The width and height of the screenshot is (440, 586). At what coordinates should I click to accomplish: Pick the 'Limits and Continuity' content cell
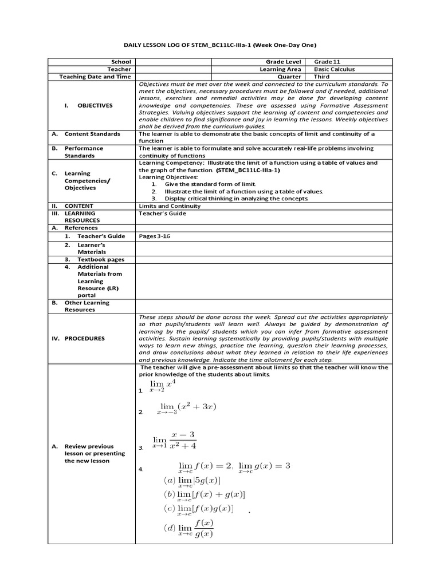(170, 206)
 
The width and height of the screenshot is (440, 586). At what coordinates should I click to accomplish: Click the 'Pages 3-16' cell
(155, 235)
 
